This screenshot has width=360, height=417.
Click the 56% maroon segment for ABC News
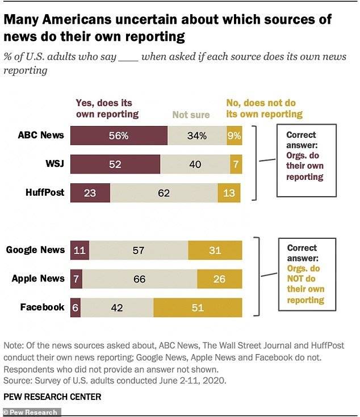118,136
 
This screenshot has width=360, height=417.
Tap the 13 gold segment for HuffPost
229,192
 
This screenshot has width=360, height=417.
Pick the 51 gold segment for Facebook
197,307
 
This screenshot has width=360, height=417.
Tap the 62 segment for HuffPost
164,192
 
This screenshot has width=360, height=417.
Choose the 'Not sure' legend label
191,115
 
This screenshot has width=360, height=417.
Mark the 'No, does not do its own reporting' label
264,108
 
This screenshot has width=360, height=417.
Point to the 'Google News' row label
35,250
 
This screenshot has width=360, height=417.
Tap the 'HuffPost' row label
45,192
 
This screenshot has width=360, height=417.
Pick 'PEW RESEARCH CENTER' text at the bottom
52,397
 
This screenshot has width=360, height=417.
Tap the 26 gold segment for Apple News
219,279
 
